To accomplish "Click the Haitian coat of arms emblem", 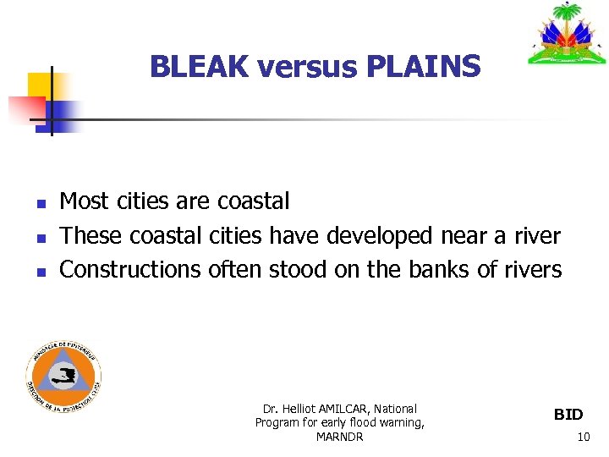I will pos(568,36).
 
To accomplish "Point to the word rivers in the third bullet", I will pos(531,270).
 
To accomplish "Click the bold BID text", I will pos(568,415).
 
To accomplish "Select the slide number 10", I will pos(583,438).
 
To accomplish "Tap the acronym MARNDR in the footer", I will pos(339,437).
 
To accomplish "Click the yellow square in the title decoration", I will pos(39,85).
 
